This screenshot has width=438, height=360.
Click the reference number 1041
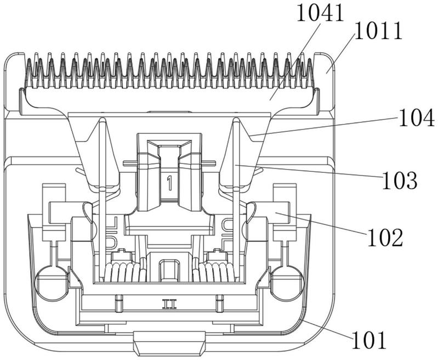[320, 13]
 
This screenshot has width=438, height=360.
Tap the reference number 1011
[378, 31]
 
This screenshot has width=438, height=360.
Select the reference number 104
[416, 118]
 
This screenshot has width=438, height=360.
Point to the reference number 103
[400, 181]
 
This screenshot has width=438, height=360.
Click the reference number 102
[385, 237]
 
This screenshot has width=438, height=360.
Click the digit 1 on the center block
[169, 183]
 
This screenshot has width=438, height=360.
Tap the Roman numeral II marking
[169, 304]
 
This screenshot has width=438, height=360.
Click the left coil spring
[125, 271]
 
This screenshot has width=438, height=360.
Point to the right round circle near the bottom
[287, 283]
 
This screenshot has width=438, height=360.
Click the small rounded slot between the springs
[169, 271]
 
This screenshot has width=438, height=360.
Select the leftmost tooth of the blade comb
[29, 70]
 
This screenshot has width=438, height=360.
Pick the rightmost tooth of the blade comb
[310, 70]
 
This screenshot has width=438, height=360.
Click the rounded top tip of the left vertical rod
[103, 120]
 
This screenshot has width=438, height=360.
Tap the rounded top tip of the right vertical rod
[236, 120]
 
